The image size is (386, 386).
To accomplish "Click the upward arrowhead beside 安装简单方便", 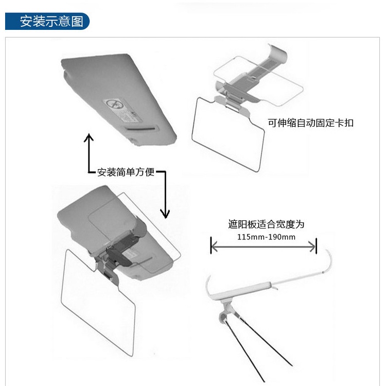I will pos(89,138).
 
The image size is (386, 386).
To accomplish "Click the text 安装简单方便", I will pos(126,172).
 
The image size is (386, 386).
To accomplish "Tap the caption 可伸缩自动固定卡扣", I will pos(310,124).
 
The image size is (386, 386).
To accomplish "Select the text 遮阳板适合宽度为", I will pos(266,224).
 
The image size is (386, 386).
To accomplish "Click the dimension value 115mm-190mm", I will pos(266,237).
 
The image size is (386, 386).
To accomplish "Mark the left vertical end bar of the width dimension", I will pos(211,246).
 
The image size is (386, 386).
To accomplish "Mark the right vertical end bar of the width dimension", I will pos(316,246).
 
